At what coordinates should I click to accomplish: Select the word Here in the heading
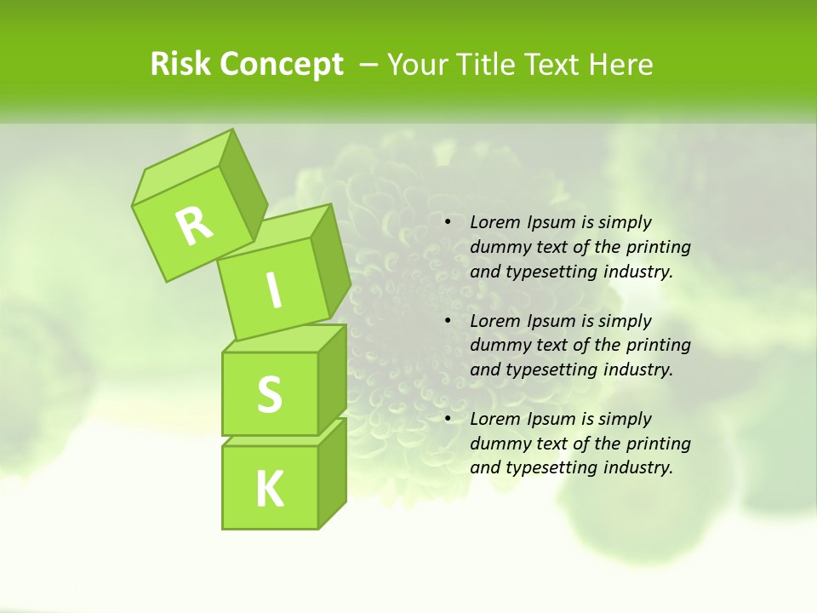click(623, 65)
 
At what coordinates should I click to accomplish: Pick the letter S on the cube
click(269, 394)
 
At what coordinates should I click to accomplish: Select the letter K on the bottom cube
click(269, 490)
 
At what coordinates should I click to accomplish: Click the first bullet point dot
click(447, 223)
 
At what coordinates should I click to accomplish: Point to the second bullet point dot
click(447, 321)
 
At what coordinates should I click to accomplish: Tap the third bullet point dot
click(447, 419)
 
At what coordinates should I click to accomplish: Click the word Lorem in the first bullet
click(494, 222)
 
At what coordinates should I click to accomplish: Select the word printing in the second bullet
click(659, 345)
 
